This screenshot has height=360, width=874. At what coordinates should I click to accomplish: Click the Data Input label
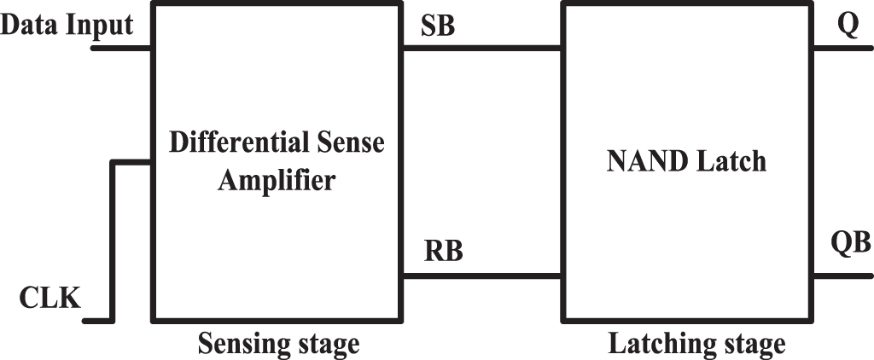pos(67,26)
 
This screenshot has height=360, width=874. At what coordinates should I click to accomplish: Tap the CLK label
pos(51,299)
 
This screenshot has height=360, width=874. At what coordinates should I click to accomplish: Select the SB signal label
pos(438,26)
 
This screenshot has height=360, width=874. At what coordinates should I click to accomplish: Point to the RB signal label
pos(443,253)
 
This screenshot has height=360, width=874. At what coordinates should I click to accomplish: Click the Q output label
pos(848,26)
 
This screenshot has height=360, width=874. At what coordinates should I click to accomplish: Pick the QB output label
pos(850,246)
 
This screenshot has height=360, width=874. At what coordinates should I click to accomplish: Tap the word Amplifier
pos(277,181)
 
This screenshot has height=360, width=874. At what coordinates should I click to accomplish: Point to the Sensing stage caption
pos(278,344)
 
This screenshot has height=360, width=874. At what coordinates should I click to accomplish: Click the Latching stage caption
pos(696,344)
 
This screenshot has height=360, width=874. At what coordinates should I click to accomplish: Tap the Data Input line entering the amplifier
pos(122,47)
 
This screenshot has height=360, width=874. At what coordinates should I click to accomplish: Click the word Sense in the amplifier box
pos(350,142)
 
